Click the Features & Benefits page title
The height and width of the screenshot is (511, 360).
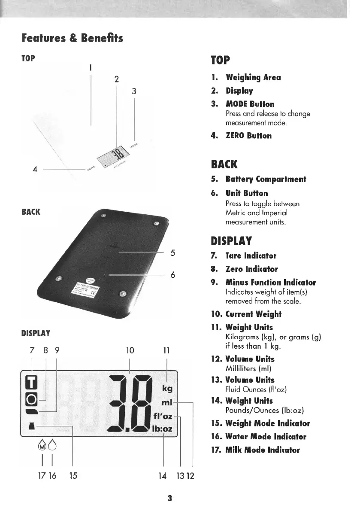pos(73,38)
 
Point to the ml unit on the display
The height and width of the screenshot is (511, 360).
pos(166,403)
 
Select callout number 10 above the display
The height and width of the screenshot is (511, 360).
pos(130,350)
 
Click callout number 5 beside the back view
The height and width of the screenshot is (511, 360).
pos(172,252)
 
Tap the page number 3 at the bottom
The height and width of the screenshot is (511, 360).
pos(170,498)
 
